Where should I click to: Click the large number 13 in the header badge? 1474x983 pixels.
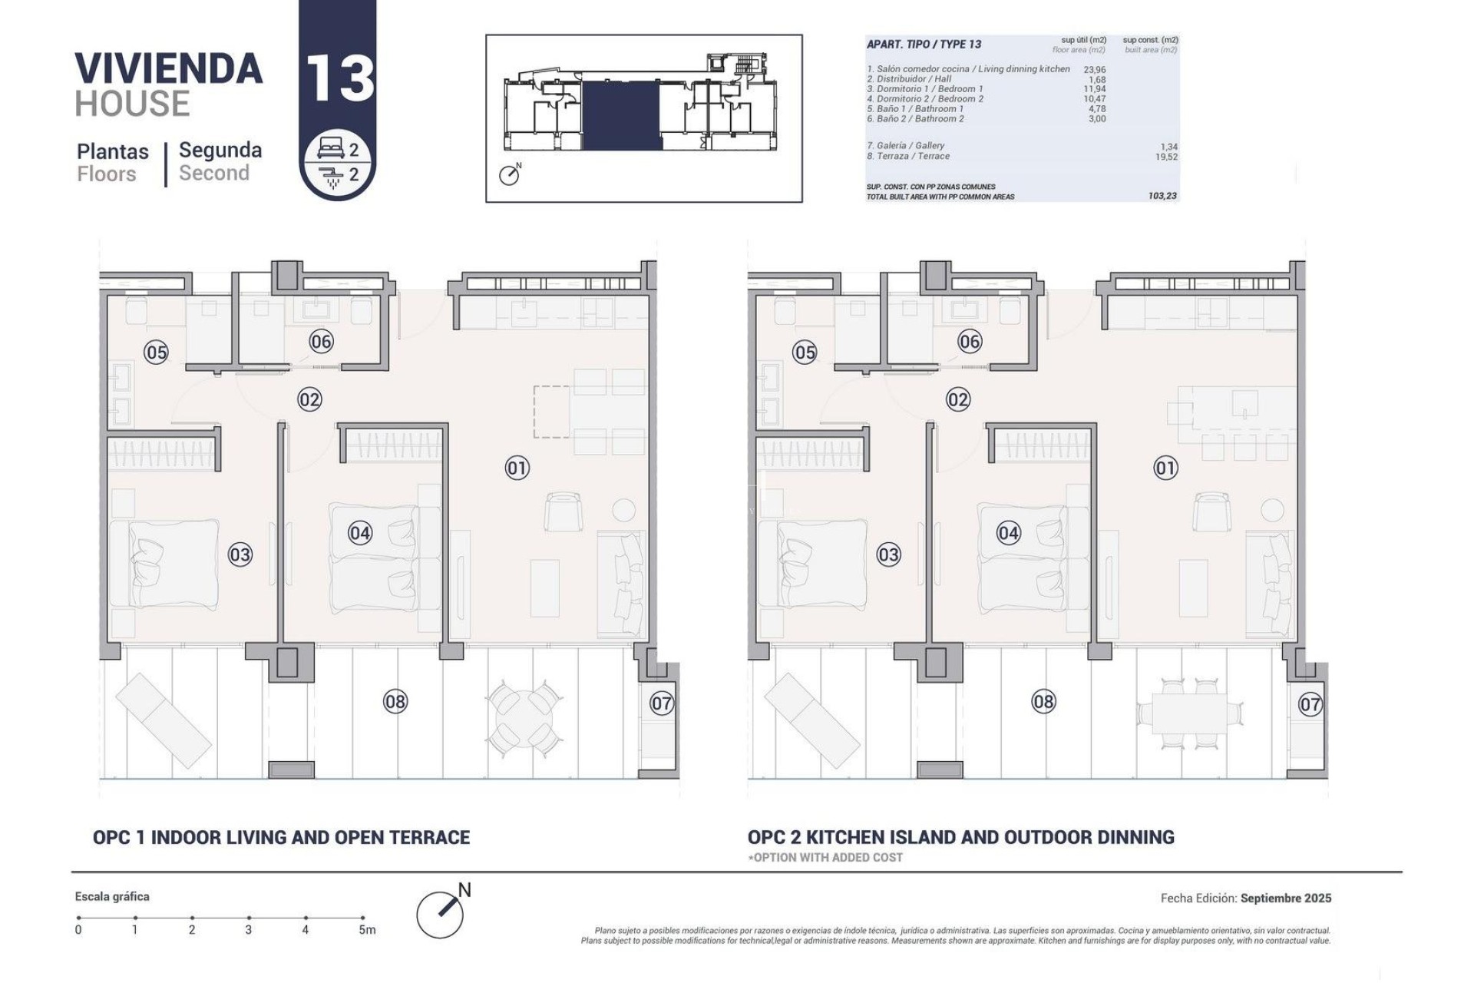(x=339, y=78)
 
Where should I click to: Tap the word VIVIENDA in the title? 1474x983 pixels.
(x=169, y=69)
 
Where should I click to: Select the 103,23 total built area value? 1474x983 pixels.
(x=1162, y=196)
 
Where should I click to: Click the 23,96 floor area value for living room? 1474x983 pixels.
(x=1094, y=69)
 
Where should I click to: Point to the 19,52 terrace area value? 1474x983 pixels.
(x=1165, y=157)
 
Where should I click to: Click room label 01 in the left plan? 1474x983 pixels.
(x=517, y=468)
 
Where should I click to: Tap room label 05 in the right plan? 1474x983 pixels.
(x=805, y=352)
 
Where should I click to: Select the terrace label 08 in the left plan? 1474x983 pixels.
(x=395, y=701)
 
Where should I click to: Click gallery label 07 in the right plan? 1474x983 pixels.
(x=1310, y=703)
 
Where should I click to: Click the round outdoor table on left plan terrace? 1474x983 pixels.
(x=522, y=717)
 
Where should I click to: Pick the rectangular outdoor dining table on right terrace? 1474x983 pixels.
(x=1189, y=713)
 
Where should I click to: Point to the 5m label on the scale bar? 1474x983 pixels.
(x=367, y=930)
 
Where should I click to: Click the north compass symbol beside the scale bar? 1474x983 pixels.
(x=441, y=912)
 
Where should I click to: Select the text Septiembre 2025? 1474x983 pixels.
(x=1285, y=898)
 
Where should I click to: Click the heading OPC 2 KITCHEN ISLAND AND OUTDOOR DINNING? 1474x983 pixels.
(x=960, y=837)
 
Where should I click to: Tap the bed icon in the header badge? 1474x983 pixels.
(x=331, y=150)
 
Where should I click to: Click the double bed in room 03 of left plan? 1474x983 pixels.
(x=164, y=564)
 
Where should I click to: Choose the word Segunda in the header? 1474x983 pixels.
(x=220, y=151)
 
